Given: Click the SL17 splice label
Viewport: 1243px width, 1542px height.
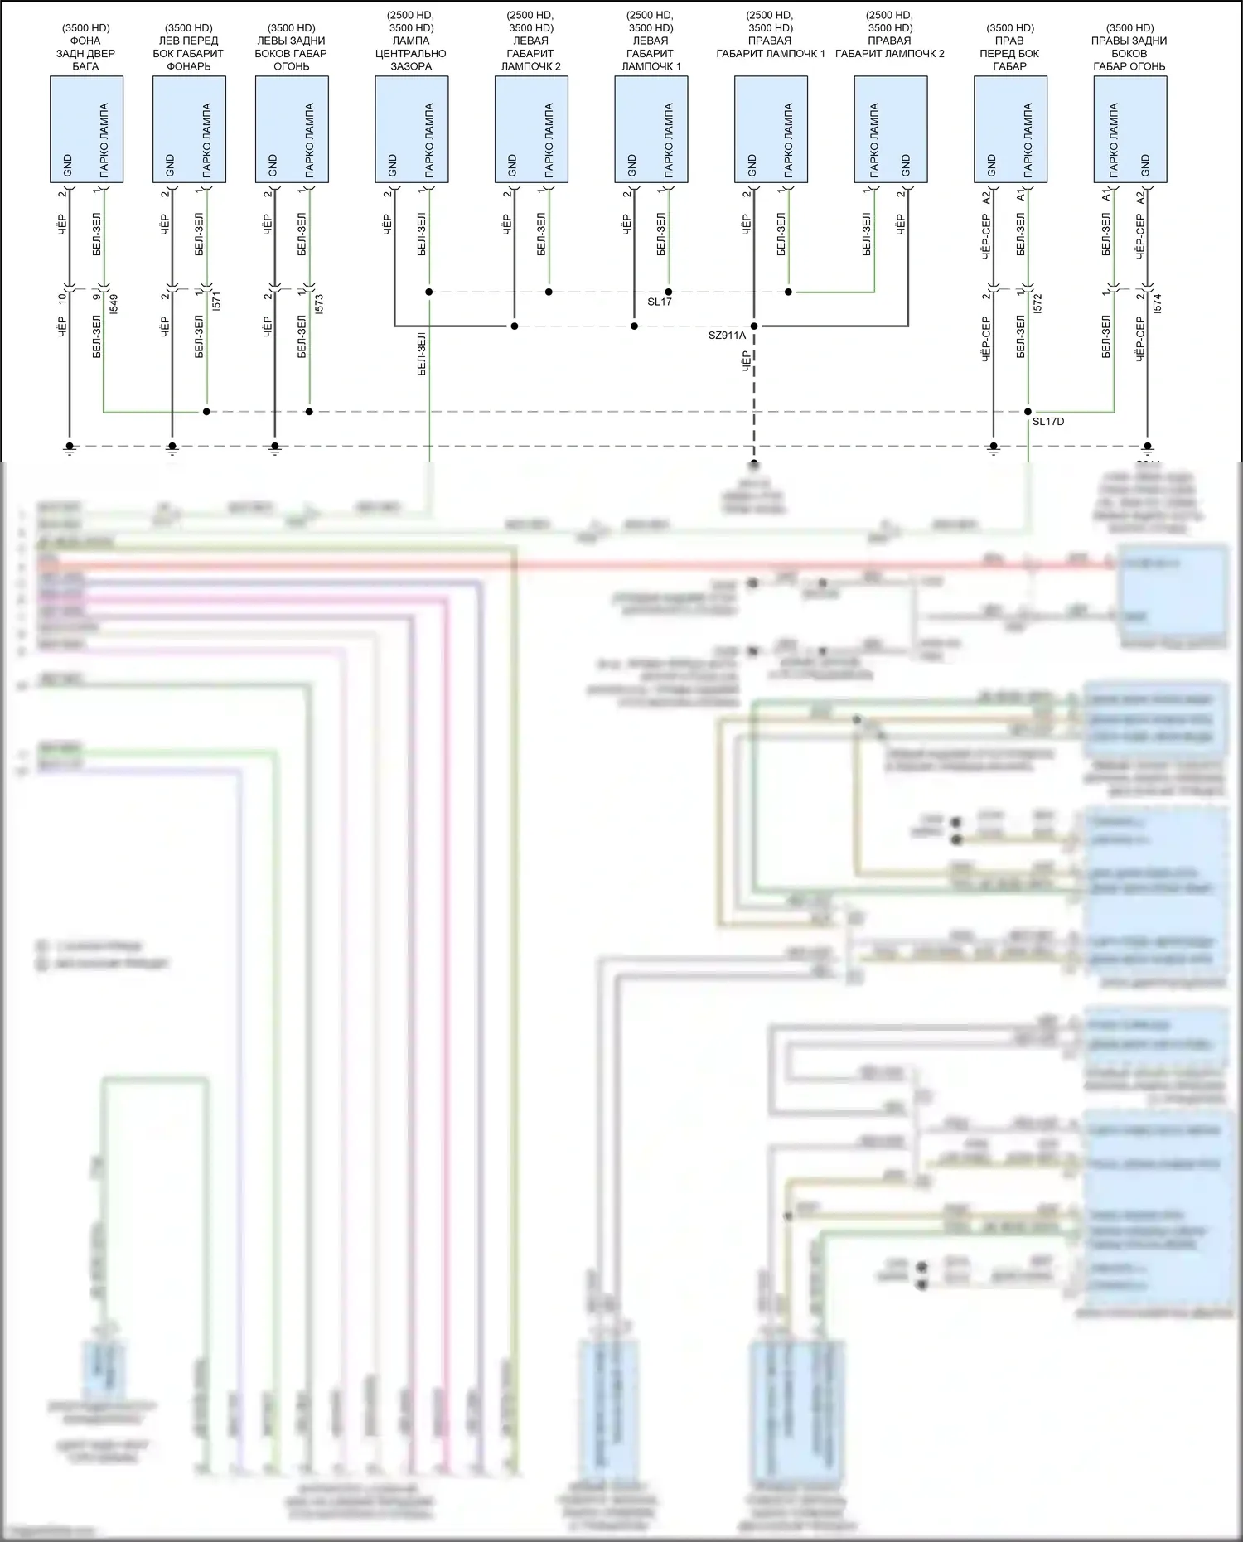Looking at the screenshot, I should click(659, 302).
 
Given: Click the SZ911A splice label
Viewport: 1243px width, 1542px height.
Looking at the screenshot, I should click(727, 336).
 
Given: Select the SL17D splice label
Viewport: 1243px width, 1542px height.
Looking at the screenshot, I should click(1047, 422).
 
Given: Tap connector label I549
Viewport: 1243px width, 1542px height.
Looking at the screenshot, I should click(114, 303).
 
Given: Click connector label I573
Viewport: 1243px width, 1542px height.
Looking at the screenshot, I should click(320, 303).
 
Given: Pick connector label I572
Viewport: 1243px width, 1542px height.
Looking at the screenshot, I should click(1038, 303).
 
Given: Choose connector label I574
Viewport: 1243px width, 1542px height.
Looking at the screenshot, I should click(1158, 303).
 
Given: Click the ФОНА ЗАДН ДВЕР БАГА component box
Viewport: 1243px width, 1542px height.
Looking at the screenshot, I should click(86, 129).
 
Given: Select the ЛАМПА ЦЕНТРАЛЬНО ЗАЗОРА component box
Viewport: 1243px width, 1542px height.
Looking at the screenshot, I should click(411, 129).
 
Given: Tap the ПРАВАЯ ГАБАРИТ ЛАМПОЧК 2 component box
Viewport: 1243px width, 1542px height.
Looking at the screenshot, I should click(890, 129).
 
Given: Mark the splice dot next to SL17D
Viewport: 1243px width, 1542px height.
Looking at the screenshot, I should click(1028, 412).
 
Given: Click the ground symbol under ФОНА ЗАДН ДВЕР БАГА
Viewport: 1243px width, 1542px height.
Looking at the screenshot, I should click(70, 448).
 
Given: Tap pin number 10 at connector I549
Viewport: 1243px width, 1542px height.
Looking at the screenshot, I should click(61, 298).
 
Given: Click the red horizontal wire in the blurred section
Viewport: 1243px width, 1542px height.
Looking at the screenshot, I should click(580, 566).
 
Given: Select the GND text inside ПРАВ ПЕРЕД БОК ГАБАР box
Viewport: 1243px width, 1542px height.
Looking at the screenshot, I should click(991, 165).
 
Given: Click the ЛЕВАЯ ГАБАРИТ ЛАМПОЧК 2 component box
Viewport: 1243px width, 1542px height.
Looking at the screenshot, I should click(531, 129).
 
